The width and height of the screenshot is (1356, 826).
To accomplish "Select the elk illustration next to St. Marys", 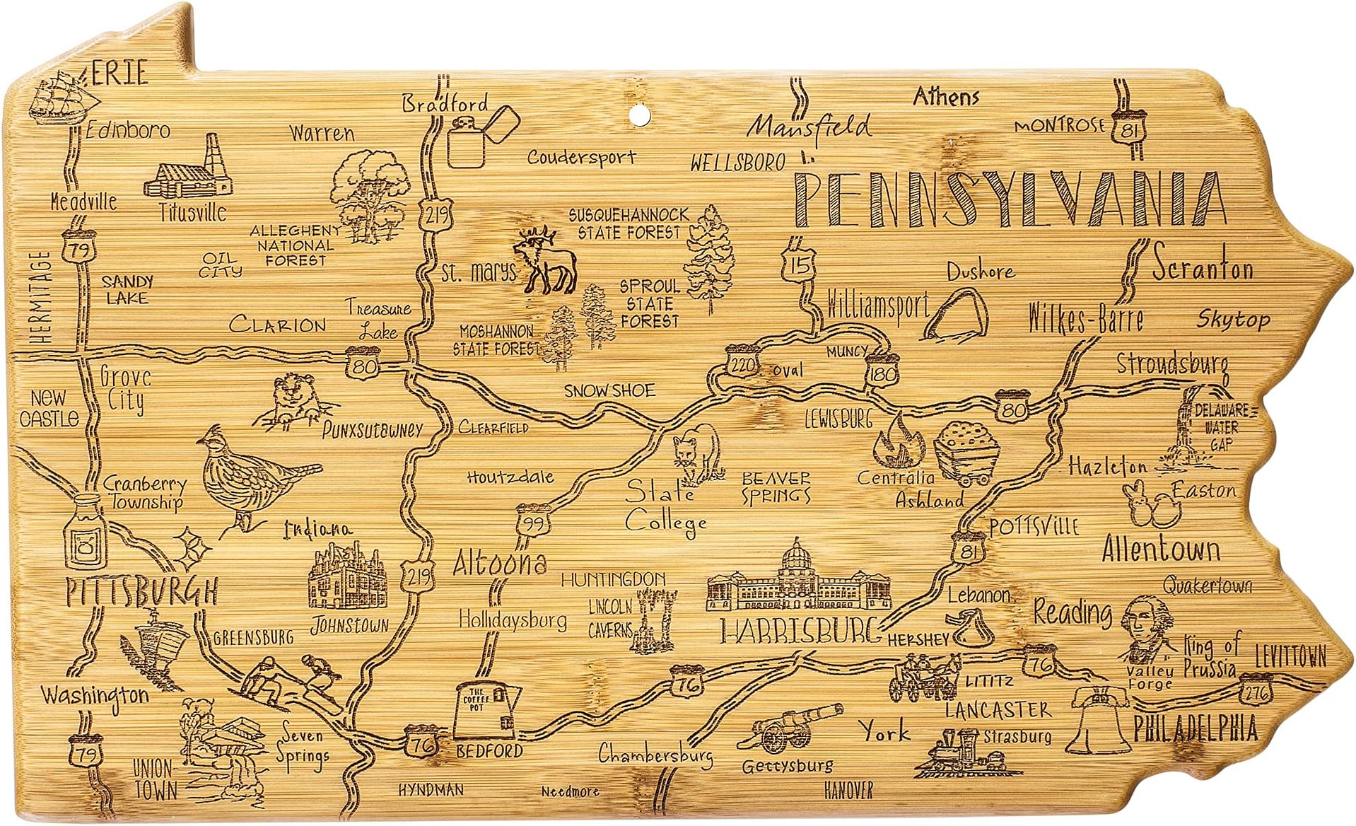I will click(x=543, y=262).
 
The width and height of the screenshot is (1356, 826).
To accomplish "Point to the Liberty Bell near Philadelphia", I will click(x=1098, y=718).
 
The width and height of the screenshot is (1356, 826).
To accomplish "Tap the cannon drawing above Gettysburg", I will click(x=788, y=728).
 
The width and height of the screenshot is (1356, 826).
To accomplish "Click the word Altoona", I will click(x=499, y=562).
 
